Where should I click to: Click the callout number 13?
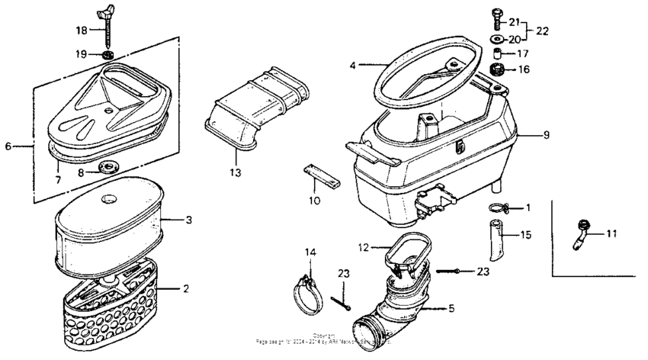[235, 173]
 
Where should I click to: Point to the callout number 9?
[546, 134]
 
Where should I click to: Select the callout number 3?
[189, 220]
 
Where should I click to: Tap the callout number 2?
[185, 288]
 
